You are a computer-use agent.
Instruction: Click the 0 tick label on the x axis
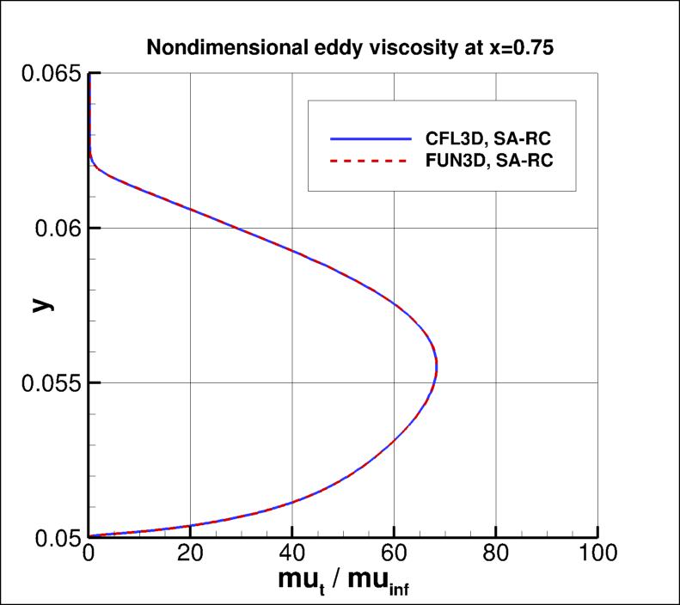(89, 555)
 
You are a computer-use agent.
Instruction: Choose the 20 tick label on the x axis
(190, 555)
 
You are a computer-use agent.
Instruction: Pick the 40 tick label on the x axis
(292, 555)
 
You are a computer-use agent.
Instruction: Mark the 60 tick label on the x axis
(394, 555)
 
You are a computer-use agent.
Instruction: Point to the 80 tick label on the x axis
(496, 555)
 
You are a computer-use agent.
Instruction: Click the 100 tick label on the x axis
(597, 555)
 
